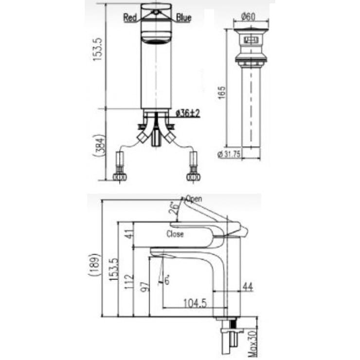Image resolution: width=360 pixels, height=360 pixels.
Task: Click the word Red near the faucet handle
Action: [130, 18]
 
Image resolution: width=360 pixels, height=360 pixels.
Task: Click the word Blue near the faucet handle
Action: [183, 18]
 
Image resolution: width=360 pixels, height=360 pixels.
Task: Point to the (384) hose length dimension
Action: [99, 144]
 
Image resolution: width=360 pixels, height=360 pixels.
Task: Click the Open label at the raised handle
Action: [193, 199]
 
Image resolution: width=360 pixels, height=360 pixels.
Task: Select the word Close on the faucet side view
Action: [175, 234]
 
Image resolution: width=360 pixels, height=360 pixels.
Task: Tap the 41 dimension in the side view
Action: [128, 234]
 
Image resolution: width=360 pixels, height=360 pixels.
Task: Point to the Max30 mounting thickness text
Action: [252, 343]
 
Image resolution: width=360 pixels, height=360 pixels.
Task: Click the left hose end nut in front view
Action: [119, 177]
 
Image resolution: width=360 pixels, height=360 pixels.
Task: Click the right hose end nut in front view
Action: [193, 177]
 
